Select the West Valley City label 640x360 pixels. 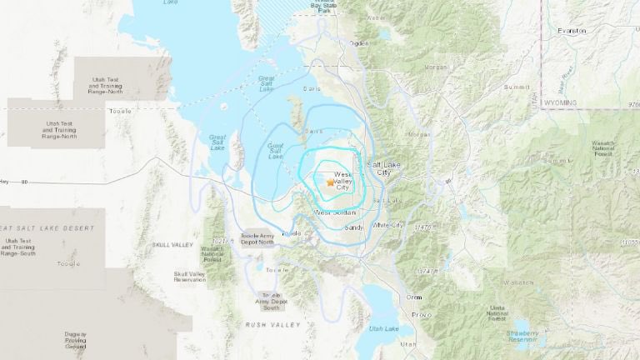(x=344, y=182)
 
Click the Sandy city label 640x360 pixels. (x=353, y=226)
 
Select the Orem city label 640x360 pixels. (x=414, y=297)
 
